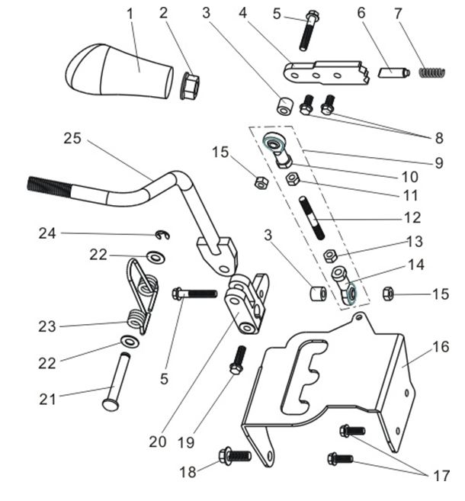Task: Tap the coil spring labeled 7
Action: pyautogui.click(x=432, y=73)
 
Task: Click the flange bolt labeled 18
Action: pyautogui.click(x=235, y=456)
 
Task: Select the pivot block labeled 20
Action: pyautogui.click(x=245, y=305)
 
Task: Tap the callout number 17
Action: pyautogui.click(x=441, y=476)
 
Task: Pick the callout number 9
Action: pyautogui.click(x=439, y=162)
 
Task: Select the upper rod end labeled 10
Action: pyautogui.click(x=276, y=146)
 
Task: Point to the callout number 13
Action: pyautogui.click(x=415, y=242)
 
